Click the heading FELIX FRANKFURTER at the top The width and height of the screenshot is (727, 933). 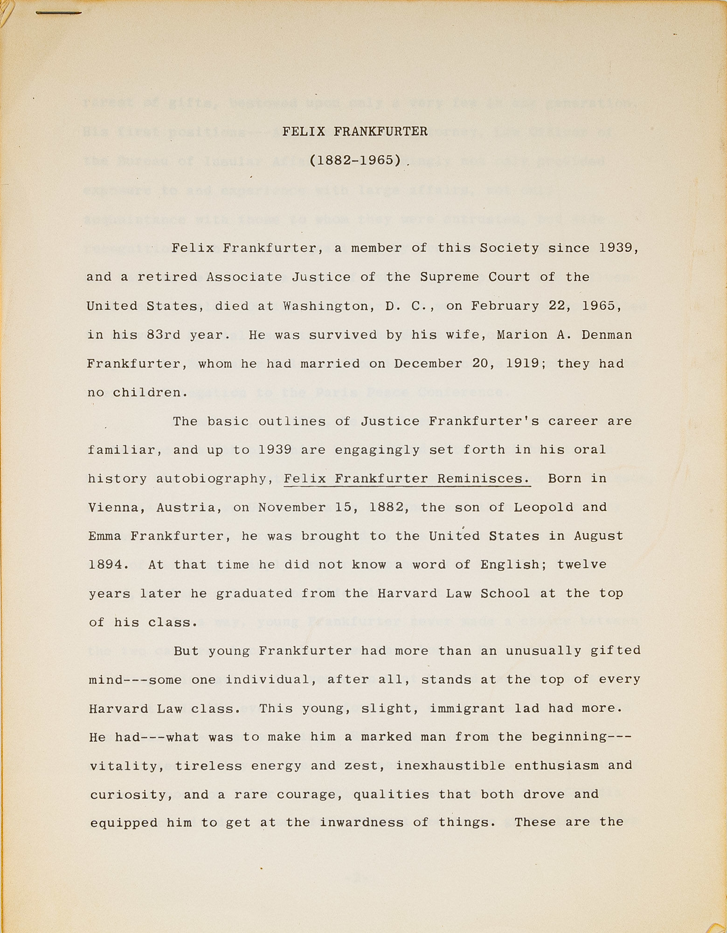[x=355, y=132]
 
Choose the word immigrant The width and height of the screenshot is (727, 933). [x=467, y=709]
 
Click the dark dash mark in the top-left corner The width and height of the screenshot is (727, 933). [x=58, y=13]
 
